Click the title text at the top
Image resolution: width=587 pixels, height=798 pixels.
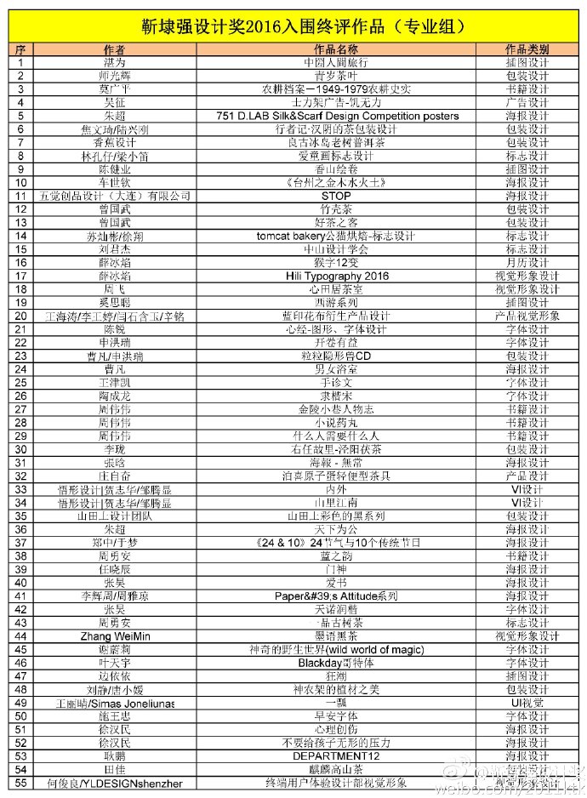click(x=293, y=26)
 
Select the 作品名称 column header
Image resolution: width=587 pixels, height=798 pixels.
click(x=336, y=49)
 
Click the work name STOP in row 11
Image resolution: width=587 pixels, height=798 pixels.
click(x=336, y=196)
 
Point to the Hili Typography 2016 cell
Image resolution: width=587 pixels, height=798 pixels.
click(x=336, y=276)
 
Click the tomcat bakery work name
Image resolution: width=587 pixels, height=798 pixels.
click(x=336, y=236)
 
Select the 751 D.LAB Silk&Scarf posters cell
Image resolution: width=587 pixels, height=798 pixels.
click(x=336, y=116)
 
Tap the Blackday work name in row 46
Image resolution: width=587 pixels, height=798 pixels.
click(x=336, y=663)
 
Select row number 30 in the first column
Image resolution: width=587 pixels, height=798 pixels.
click(x=21, y=449)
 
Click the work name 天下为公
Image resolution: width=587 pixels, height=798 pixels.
click(x=336, y=529)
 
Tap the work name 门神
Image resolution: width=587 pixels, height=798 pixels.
click(x=336, y=569)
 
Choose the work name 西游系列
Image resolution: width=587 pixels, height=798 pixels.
click(x=336, y=303)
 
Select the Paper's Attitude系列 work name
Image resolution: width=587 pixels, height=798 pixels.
click(x=336, y=596)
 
